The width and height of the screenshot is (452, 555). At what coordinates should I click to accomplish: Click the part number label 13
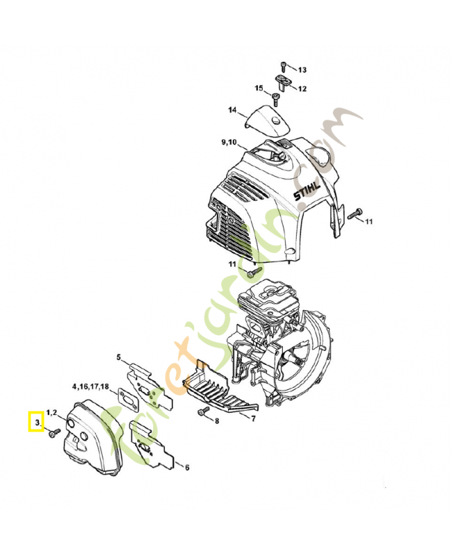[x=302, y=70]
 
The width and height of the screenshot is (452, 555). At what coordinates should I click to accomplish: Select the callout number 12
[x=302, y=89]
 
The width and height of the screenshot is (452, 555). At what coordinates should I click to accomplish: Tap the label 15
[x=259, y=89]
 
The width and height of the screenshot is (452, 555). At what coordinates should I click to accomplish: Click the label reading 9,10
[x=229, y=142]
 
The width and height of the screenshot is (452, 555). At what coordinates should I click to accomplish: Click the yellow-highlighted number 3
[x=35, y=421]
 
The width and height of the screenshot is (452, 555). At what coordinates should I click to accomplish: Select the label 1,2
[x=52, y=412]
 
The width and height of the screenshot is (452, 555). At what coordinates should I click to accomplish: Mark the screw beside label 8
[x=202, y=413]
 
